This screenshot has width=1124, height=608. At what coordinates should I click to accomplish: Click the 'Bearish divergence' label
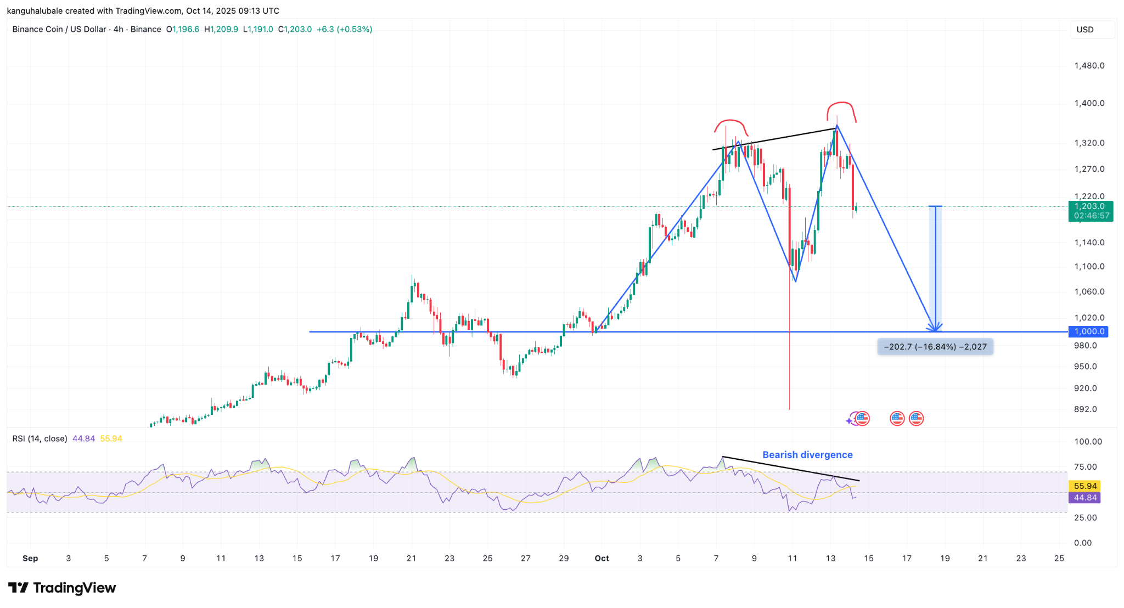(x=807, y=455)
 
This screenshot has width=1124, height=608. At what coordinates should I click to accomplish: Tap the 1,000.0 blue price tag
(x=1088, y=331)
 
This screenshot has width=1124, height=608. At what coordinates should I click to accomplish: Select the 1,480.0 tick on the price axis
(x=1089, y=66)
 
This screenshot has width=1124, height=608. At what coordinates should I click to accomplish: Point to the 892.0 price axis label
(x=1086, y=409)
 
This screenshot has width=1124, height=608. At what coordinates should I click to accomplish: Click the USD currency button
(x=1085, y=30)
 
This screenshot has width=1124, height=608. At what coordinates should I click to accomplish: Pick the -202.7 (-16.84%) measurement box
(x=935, y=347)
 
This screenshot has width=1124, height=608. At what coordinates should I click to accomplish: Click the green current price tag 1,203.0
(x=1090, y=211)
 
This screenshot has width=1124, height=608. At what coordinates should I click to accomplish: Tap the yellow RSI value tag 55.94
(x=1085, y=486)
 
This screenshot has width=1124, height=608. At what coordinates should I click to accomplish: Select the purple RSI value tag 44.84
(x=1085, y=498)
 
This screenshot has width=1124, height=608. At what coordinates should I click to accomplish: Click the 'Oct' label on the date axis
(x=602, y=558)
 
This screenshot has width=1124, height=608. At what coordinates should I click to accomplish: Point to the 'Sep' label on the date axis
(x=30, y=558)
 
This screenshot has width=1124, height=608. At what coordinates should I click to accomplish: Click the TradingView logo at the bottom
(x=62, y=588)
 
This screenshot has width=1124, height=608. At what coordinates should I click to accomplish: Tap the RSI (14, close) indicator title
(x=40, y=438)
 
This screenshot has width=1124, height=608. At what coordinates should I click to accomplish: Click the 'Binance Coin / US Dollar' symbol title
(x=59, y=29)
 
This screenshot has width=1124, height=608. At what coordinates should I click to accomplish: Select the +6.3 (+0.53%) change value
(x=344, y=29)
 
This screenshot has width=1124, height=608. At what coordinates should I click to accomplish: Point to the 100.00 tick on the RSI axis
(x=1087, y=442)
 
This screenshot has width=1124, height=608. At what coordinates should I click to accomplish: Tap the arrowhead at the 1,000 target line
(x=935, y=328)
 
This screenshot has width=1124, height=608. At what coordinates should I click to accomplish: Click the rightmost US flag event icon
(x=916, y=419)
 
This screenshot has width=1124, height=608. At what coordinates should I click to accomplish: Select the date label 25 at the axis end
(x=1059, y=558)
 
